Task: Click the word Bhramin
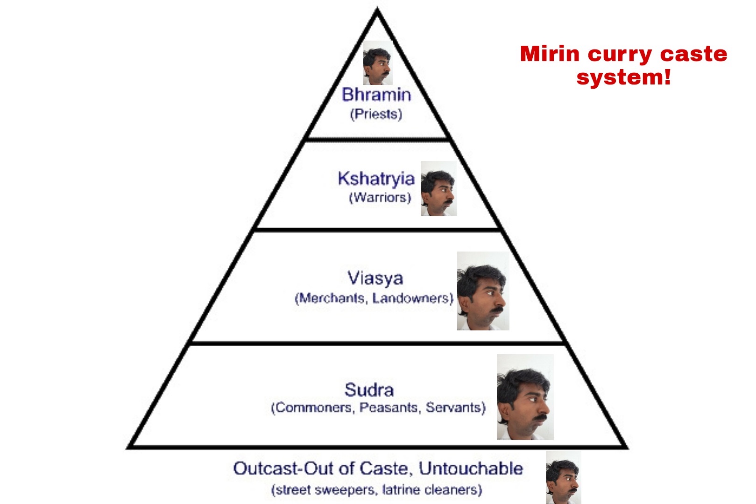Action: click(x=376, y=94)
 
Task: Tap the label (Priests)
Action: click(x=376, y=114)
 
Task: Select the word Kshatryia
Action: click(x=376, y=179)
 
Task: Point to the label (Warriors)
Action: click(x=380, y=197)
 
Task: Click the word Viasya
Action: click(x=375, y=278)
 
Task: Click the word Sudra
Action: click(x=369, y=390)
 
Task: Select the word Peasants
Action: click(x=389, y=407)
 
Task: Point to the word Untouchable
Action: click(x=471, y=469)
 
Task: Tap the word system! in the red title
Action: click(x=624, y=77)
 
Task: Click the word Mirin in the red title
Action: click(x=550, y=54)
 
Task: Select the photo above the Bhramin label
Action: click(x=378, y=63)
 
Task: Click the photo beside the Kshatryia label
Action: click(x=439, y=189)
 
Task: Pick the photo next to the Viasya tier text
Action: click(x=483, y=291)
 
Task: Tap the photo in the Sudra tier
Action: click(x=525, y=397)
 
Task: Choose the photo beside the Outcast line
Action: click(x=563, y=478)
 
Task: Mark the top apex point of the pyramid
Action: click(x=377, y=9)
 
